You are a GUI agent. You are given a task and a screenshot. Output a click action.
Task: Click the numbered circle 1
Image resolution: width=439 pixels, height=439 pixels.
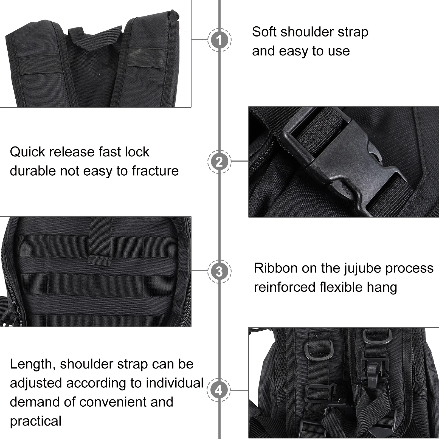219,40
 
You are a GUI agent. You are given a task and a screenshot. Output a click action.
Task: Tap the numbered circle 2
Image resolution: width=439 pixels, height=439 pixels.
219,162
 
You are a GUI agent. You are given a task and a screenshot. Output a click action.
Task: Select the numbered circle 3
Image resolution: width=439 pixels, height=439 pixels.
219,272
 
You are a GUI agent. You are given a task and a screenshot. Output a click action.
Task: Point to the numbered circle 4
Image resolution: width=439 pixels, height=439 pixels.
219,390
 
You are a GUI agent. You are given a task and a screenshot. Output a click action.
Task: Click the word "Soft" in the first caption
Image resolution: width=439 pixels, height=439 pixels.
264,32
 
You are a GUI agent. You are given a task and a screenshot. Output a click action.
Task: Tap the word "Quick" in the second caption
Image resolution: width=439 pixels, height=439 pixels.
27,152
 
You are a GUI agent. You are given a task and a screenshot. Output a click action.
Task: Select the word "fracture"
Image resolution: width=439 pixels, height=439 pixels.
155,171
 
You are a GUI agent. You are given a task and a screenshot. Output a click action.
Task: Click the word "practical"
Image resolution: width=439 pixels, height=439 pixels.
36,421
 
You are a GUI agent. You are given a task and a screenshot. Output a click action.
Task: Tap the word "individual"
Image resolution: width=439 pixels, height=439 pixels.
175,383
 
